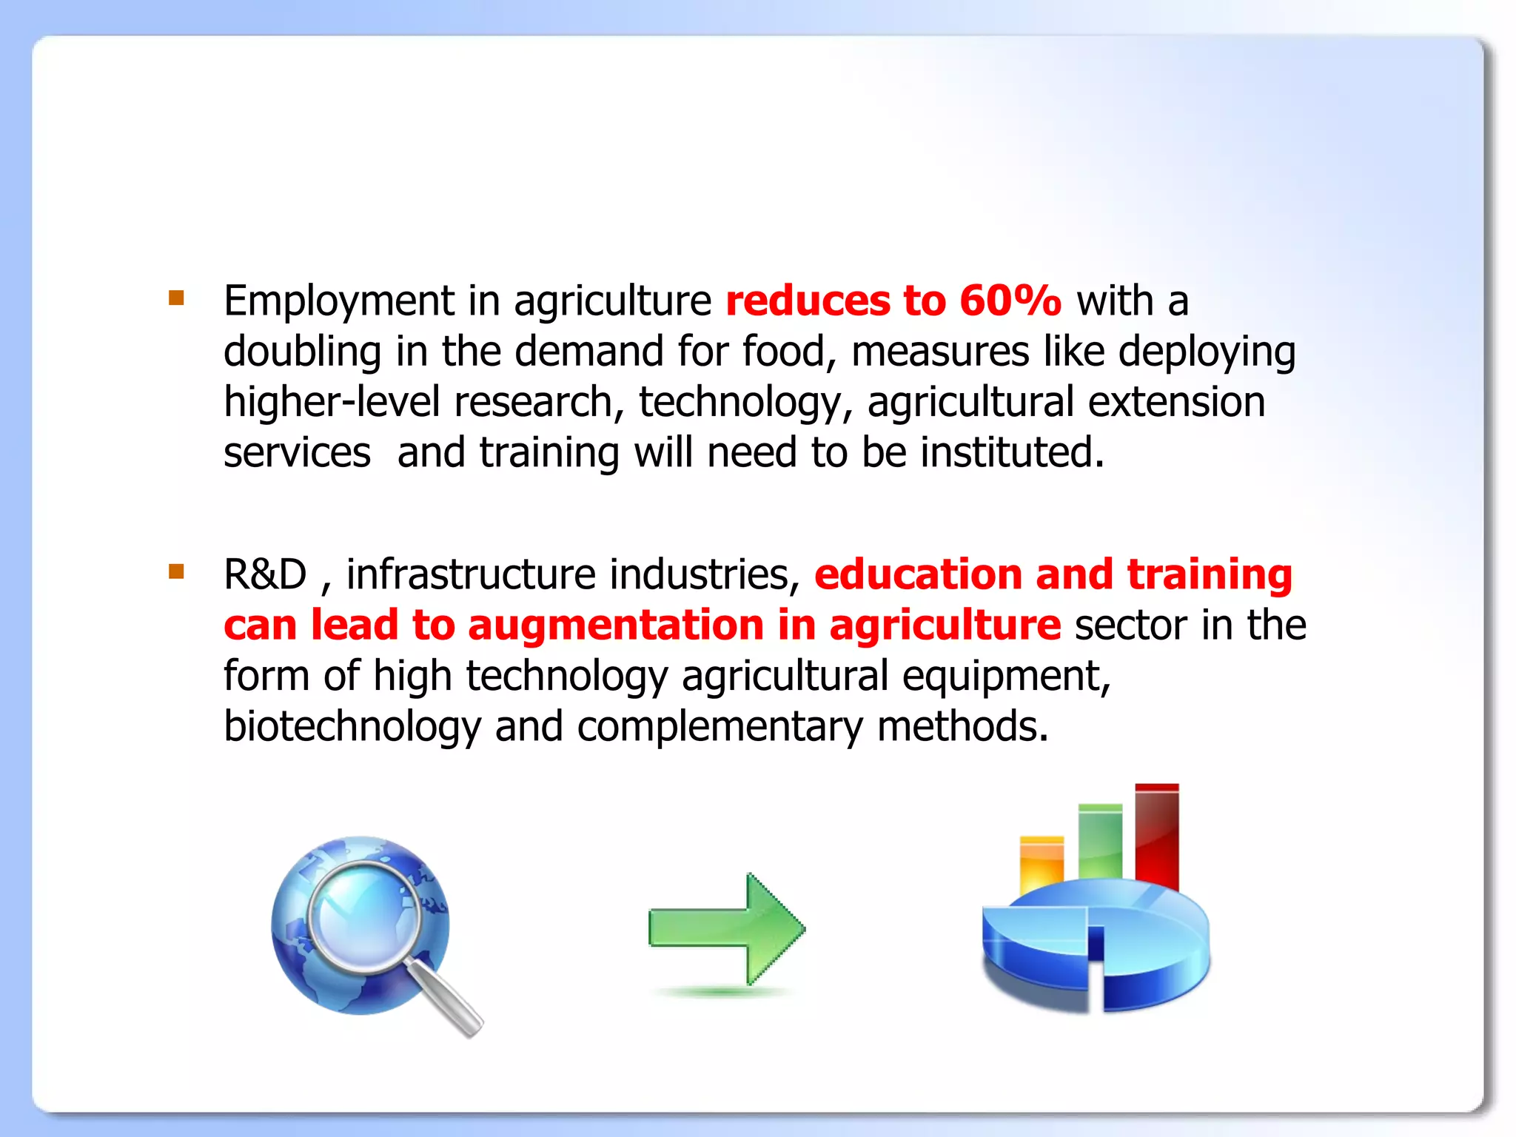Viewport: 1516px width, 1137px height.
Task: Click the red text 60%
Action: click(1010, 301)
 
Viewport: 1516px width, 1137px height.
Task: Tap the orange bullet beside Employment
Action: click(176, 298)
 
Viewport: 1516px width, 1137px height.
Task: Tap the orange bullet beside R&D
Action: click(176, 571)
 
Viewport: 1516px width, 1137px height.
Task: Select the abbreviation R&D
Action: click(265, 574)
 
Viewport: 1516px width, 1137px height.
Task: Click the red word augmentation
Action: click(615, 625)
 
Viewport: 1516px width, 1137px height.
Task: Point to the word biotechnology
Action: click(352, 726)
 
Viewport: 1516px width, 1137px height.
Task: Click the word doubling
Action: click(302, 352)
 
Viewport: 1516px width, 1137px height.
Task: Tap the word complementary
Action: click(720, 726)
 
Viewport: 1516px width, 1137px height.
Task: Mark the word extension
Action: click(1176, 402)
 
